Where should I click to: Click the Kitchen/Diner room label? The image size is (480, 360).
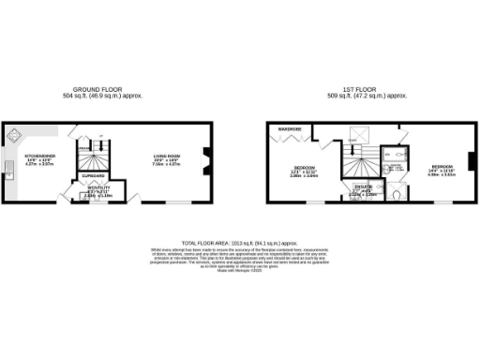pos(40,157)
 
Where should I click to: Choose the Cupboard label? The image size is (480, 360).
pos(92,175)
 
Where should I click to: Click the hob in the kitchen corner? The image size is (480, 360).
pos(16,134)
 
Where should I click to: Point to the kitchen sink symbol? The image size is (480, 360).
pos(8,170)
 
